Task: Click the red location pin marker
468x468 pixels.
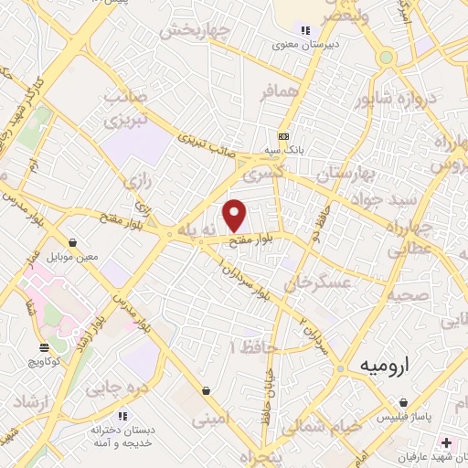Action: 235,216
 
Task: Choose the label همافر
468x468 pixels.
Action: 279,92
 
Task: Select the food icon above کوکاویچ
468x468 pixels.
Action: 44,346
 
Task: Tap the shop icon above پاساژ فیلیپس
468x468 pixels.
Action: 402,402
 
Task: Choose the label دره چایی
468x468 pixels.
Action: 116,388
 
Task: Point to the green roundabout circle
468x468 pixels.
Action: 387,58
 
